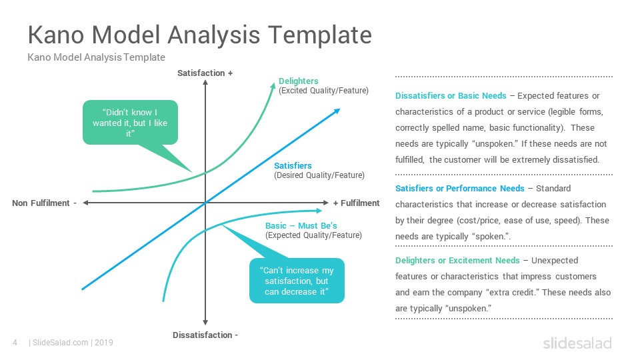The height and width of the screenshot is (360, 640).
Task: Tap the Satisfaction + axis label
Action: point(205,73)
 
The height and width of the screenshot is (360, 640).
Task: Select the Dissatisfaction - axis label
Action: point(205,335)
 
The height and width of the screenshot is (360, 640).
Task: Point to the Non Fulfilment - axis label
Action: point(45,203)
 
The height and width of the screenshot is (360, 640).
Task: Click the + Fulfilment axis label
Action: point(356,203)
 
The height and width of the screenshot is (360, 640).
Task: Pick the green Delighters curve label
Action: point(299,81)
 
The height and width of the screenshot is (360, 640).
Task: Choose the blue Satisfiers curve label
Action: point(293,166)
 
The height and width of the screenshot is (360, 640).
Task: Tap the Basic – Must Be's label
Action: point(301,226)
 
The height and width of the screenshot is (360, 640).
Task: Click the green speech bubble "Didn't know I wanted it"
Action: point(130,123)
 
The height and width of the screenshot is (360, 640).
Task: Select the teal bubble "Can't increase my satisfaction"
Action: point(297,281)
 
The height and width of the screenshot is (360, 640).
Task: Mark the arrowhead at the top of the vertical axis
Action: point(205,83)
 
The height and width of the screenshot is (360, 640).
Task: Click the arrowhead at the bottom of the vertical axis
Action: point(205,323)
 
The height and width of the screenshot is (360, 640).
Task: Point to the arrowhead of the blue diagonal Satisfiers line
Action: point(337,111)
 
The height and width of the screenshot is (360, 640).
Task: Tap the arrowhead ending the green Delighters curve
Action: point(273,86)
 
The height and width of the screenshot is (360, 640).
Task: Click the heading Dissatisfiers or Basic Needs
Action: point(451,95)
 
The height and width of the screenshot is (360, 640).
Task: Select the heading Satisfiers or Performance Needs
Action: point(459,188)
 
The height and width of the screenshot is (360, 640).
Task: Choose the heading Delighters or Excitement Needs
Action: point(457,261)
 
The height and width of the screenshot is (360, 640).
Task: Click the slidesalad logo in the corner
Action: point(577,343)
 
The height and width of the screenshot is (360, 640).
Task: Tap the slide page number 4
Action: point(15,343)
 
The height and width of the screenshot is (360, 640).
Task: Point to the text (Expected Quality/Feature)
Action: point(313,235)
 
